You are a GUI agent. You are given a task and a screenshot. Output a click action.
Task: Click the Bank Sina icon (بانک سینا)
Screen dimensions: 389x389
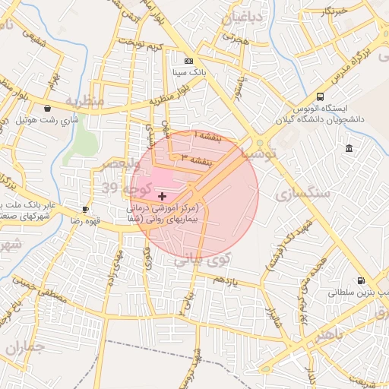[188, 61]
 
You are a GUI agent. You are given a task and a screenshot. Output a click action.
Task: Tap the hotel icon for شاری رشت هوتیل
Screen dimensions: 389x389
[49, 108]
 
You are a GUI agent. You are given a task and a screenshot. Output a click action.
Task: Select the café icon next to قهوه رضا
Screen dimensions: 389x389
[85, 209]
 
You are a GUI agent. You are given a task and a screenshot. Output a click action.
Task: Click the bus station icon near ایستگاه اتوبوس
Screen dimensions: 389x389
[320, 96]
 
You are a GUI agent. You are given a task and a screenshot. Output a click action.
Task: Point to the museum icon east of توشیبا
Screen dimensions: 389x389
[348, 147]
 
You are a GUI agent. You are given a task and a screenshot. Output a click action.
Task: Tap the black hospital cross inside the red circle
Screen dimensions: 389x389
[162, 196]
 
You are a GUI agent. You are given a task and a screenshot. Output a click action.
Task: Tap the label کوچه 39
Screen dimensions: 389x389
[120, 186]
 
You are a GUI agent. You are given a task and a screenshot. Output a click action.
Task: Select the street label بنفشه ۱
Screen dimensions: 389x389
[204, 134]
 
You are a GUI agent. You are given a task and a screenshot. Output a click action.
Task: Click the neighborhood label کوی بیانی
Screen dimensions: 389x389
[202, 260]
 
